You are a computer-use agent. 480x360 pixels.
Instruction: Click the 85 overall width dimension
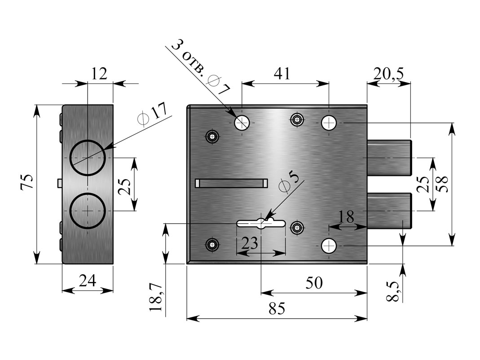click(x=277, y=308)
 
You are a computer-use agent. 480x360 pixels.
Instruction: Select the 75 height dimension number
click(x=26, y=182)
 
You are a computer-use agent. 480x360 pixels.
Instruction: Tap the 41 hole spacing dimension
click(x=282, y=73)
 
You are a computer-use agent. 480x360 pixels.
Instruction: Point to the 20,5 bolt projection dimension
click(x=388, y=74)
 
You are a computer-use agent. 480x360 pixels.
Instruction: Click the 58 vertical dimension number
click(x=442, y=184)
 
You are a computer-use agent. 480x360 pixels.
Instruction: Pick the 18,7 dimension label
click(x=156, y=297)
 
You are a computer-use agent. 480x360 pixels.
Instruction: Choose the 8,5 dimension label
click(x=393, y=291)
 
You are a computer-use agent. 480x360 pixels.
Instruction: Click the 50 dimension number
click(x=314, y=283)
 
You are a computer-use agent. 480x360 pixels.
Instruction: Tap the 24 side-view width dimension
click(x=88, y=281)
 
